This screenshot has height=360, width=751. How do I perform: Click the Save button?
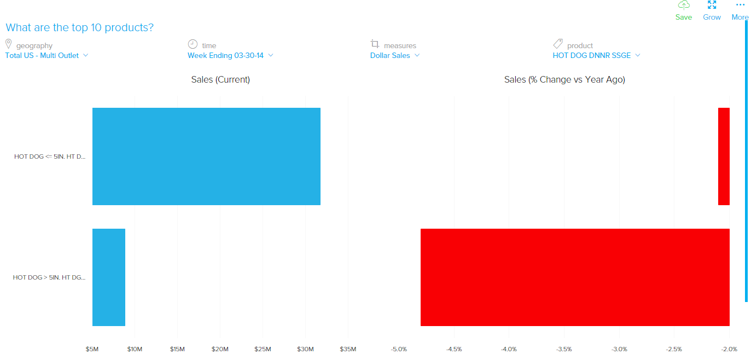pyautogui.click(x=683, y=11)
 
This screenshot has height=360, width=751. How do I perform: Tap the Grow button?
pyautogui.click(x=712, y=11)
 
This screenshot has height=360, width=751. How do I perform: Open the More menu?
pyautogui.click(x=740, y=11)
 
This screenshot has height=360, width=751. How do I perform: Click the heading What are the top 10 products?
pyautogui.click(x=79, y=27)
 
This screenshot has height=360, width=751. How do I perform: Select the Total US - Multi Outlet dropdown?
pyautogui.click(x=46, y=55)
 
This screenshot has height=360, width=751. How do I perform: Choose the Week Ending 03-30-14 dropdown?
pyautogui.click(x=230, y=55)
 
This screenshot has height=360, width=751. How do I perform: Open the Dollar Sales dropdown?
pyautogui.click(x=395, y=55)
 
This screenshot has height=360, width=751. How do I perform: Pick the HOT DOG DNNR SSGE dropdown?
pyautogui.click(x=596, y=55)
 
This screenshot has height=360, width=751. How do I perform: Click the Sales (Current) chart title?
pyautogui.click(x=220, y=79)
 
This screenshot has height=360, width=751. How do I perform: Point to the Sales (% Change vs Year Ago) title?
pyautogui.click(x=564, y=79)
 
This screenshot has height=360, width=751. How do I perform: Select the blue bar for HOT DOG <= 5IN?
pyautogui.click(x=206, y=156)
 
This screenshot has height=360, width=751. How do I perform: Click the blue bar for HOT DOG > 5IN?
pyautogui.click(x=109, y=277)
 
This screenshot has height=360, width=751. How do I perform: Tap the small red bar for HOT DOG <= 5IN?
pyautogui.click(x=724, y=156)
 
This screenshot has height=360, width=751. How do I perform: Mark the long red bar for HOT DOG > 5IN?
pyautogui.click(x=575, y=277)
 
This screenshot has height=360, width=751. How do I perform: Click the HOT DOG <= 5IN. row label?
pyautogui.click(x=50, y=156)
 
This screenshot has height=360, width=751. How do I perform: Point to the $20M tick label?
pyautogui.click(x=220, y=349)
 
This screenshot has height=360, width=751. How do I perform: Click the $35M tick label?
pyautogui.click(x=348, y=349)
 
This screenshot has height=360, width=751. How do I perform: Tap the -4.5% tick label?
pyautogui.click(x=454, y=349)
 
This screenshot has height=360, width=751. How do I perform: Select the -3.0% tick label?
pyautogui.click(x=619, y=349)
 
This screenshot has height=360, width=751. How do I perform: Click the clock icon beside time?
pyautogui.click(x=193, y=44)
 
